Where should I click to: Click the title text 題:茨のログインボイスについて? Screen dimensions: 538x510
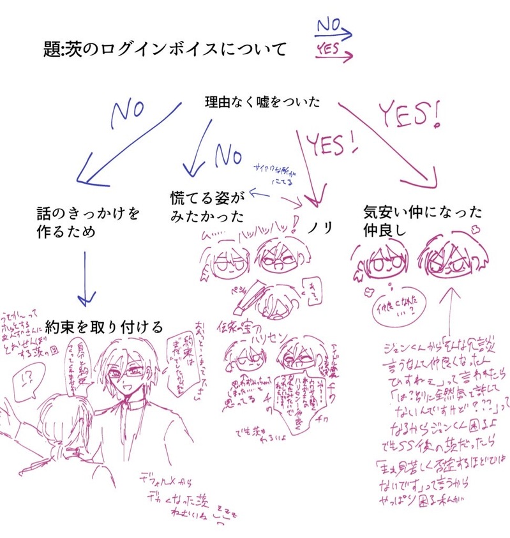163,50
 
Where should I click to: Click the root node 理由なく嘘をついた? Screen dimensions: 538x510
262,101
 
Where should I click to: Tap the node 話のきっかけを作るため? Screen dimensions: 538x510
87,221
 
